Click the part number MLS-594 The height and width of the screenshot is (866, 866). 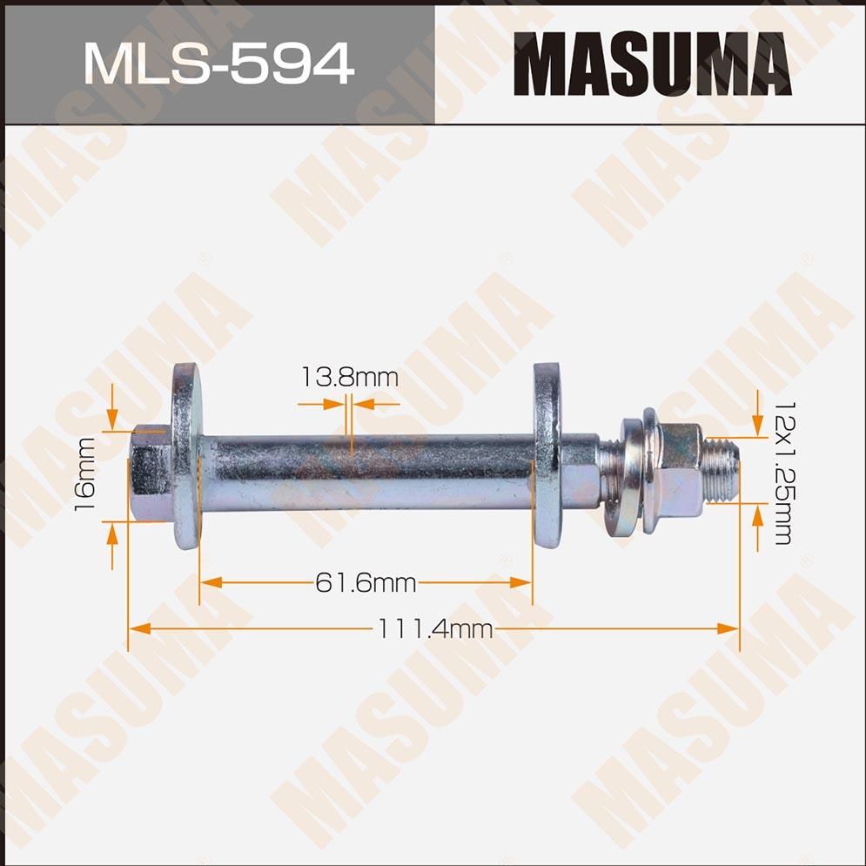(x=218, y=63)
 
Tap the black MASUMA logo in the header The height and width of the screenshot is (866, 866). (x=652, y=64)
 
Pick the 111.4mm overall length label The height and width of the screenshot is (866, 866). (x=434, y=628)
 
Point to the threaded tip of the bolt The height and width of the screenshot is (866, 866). (x=722, y=470)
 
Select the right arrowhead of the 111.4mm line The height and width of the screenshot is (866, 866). (x=729, y=628)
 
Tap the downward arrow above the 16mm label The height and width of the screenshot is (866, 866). (x=112, y=418)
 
